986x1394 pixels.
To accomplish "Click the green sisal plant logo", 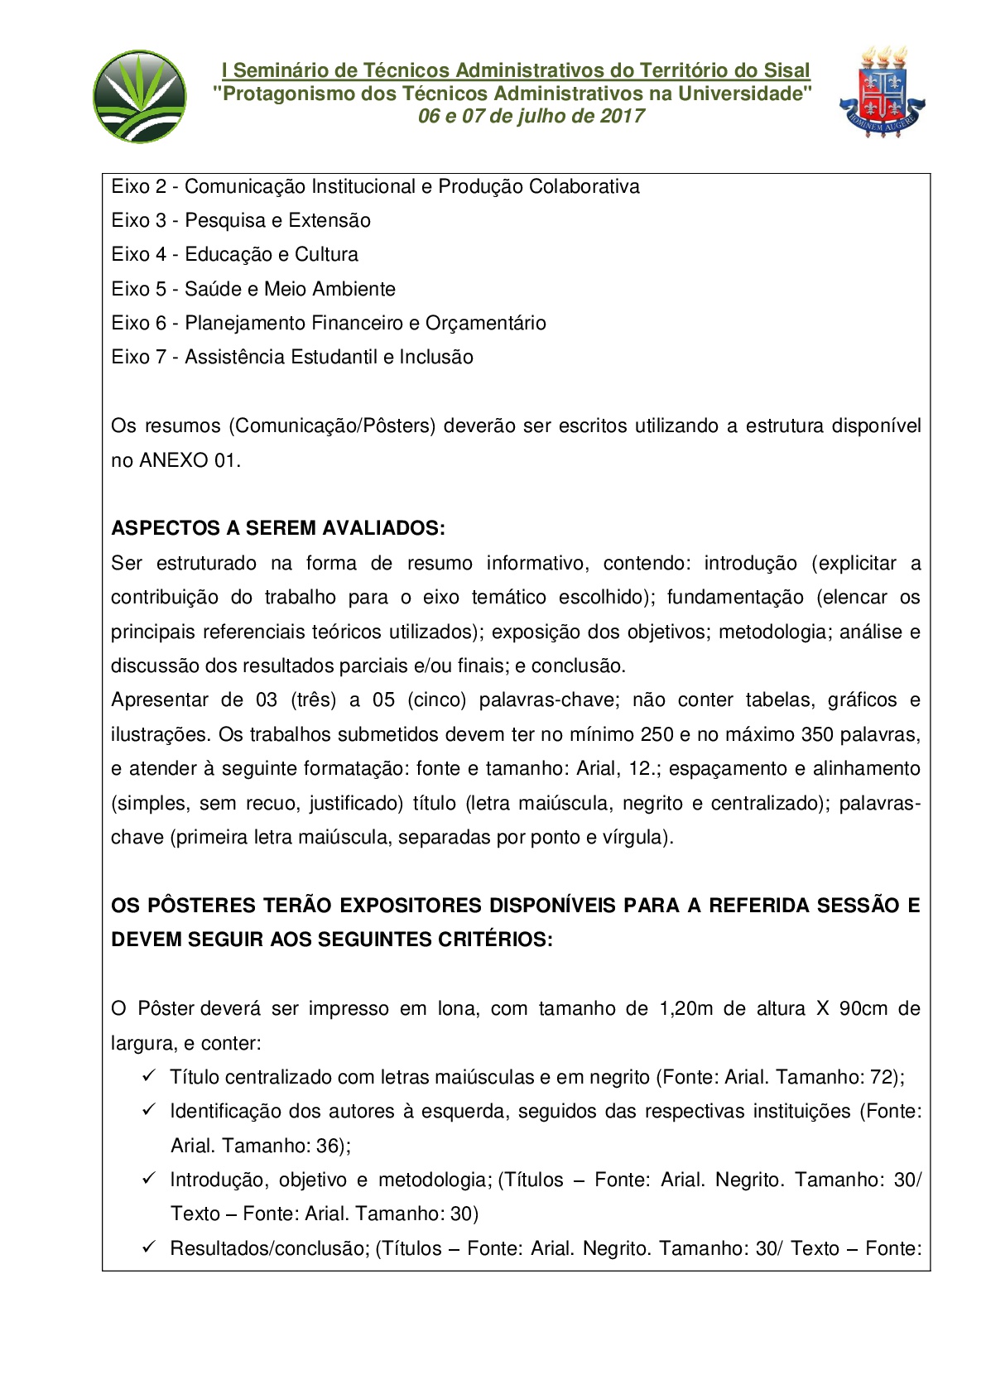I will (x=140, y=96).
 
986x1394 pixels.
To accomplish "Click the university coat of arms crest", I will (x=881, y=93).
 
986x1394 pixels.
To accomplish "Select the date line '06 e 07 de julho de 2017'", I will (x=531, y=116).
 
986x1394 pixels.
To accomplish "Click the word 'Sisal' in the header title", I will (x=786, y=71).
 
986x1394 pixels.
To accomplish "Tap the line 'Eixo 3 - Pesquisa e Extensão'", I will (x=241, y=221).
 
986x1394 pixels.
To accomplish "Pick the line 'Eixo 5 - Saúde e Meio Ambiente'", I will (x=253, y=289).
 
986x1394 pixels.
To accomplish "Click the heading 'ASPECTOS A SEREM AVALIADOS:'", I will (x=278, y=528).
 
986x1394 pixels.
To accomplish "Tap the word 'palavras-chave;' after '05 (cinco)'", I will (x=548, y=700).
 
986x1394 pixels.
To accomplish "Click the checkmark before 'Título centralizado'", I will (x=149, y=1075).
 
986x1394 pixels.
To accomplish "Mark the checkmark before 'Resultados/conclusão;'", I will (x=149, y=1247).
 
